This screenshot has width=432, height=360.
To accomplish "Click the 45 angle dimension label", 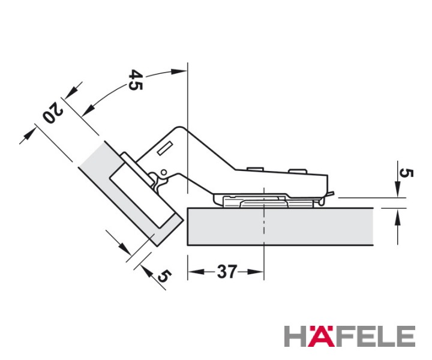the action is [136, 80].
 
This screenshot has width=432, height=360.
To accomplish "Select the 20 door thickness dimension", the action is [53, 112].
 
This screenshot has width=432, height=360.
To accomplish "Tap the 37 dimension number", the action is [226, 272].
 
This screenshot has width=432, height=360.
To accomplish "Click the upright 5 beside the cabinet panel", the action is [406, 173].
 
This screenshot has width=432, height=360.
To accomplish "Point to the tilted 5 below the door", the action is [164, 276].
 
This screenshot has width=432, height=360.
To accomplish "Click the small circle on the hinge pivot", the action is [163, 173].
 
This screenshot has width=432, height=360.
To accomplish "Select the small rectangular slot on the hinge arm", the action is [165, 148].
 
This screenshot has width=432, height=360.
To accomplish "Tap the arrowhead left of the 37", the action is [196, 272].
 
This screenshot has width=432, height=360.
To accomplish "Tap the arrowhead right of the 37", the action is [256, 272].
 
